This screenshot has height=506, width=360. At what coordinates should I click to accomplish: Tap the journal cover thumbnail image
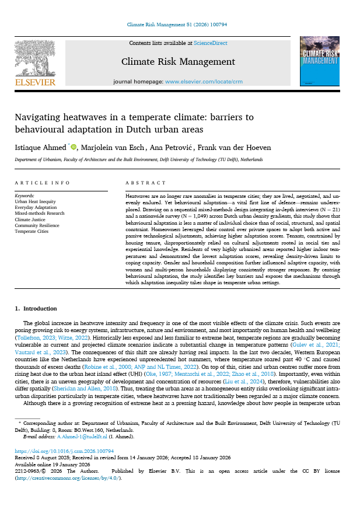(319, 62)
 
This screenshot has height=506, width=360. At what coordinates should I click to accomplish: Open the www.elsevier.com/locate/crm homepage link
(204, 82)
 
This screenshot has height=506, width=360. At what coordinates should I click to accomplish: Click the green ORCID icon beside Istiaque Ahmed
(74, 146)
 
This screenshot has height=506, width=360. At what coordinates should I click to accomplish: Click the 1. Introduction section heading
(36, 308)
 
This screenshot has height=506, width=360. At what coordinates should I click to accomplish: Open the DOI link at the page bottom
(64, 452)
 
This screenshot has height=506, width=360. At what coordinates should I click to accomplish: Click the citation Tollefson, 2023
(40, 337)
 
